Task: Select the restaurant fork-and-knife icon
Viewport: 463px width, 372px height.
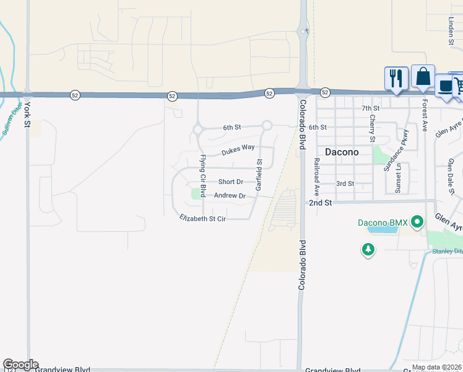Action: [396, 78]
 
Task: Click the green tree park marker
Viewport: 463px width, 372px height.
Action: [368, 249]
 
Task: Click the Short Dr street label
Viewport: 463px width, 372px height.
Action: [230, 182]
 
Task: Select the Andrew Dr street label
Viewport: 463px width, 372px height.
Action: [230, 195]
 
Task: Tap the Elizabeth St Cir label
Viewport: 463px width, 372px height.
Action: [202, 219]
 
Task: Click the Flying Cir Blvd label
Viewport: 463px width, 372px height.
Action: [202, 176]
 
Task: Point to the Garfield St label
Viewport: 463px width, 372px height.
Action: [259, 174]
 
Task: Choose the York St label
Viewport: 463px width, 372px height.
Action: [27, 115]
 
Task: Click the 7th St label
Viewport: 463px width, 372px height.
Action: [370, 108]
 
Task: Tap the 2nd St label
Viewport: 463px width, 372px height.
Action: [321, 203]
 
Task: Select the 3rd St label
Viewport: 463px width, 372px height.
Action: [345, 184]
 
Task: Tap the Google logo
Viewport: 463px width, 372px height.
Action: [20, 365]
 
